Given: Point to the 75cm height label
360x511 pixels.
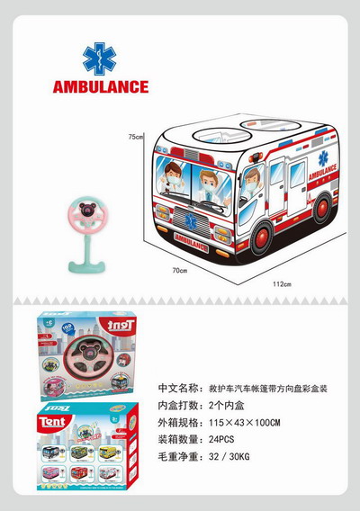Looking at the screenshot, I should click(135, 137).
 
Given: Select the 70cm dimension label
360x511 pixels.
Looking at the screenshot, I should click(179, 270).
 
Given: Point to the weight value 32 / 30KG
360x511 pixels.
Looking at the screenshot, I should click(231, 460).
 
